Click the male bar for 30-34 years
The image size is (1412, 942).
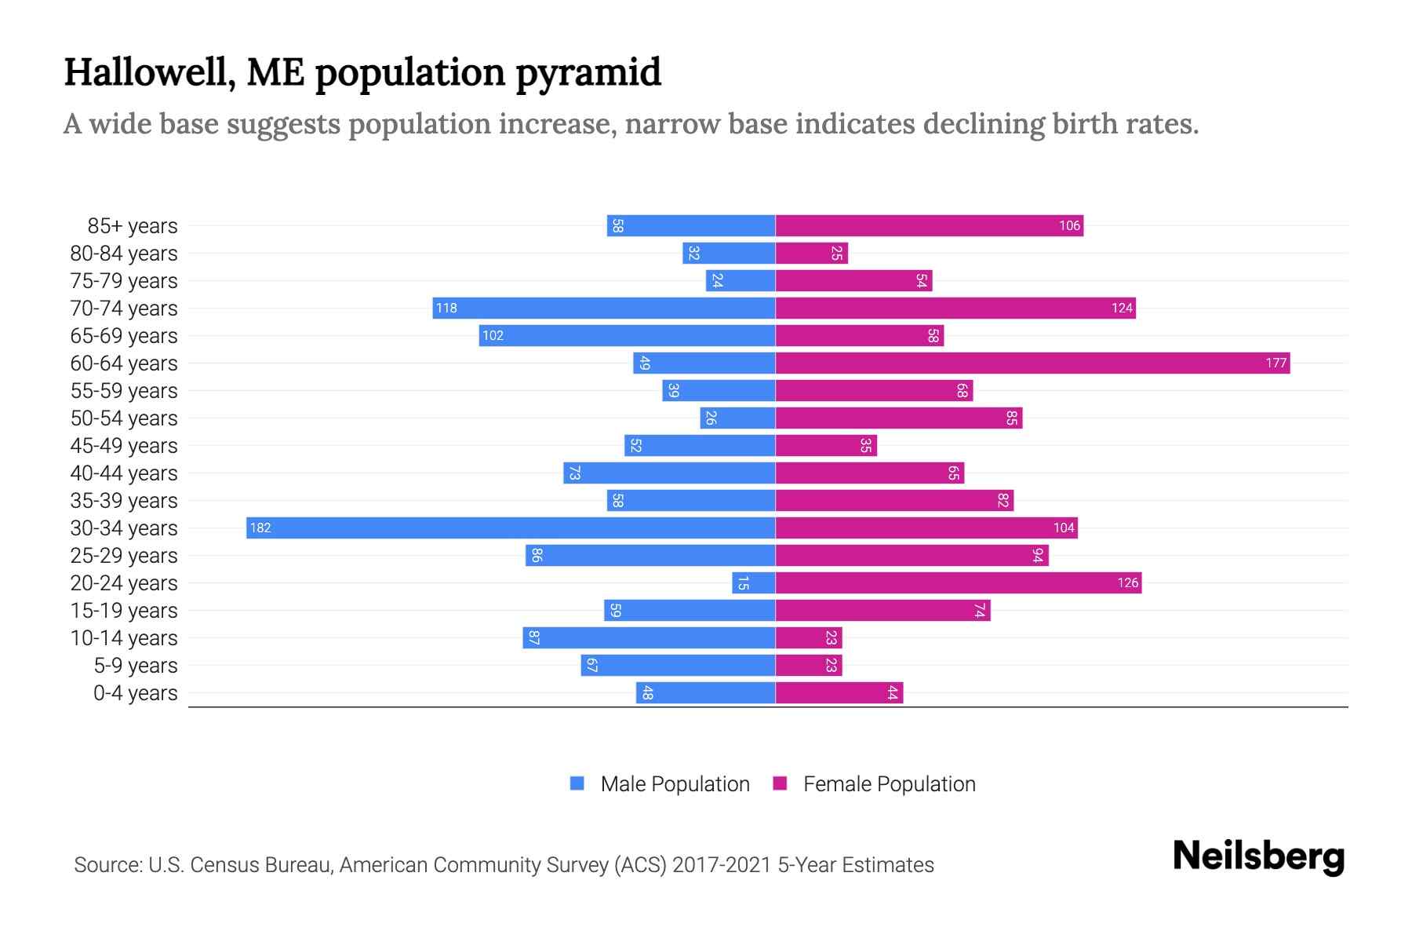point(510,528)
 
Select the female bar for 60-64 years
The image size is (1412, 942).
point(1032,363)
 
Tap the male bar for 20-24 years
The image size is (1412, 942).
point(754,582)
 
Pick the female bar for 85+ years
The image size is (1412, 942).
point(929,225)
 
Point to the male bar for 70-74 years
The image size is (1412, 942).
point(604,308)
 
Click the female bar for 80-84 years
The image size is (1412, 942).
point(811,253)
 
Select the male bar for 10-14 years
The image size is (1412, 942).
point(649,637)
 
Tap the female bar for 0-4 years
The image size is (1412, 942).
point(839,692)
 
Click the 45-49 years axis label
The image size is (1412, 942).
point(124,446)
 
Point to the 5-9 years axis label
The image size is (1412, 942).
point(135,666)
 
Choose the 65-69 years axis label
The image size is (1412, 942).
point(124,336)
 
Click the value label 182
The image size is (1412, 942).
point(260,528)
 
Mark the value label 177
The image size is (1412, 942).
point(1276,363)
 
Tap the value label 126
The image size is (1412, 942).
point(1127,582)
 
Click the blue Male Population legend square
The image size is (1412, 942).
point(577,783)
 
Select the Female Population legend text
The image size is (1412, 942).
point(889,783)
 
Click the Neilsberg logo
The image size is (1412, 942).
point(1258,856)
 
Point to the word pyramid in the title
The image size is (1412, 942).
point(588,72)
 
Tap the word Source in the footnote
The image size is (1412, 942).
point(107,865)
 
